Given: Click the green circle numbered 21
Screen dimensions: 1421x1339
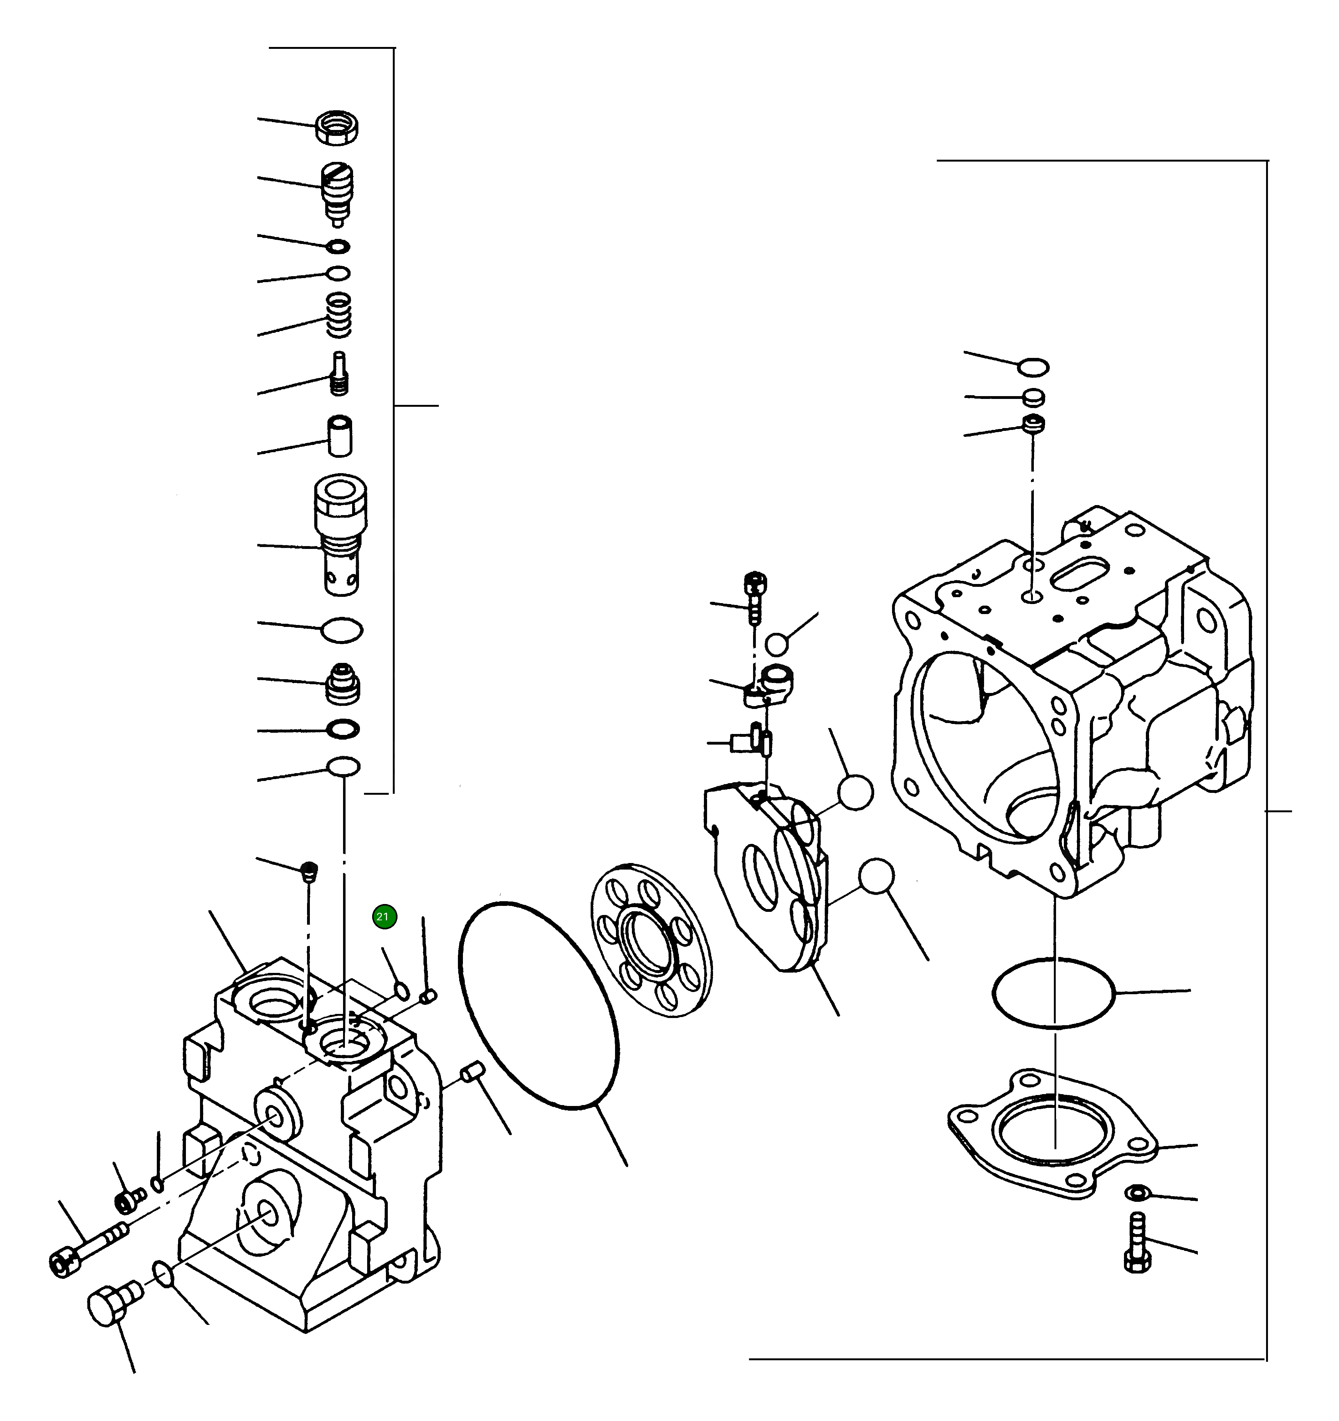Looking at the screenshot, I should click(x=384, y=917).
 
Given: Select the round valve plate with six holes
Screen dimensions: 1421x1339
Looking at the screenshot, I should click(x=652, y=940).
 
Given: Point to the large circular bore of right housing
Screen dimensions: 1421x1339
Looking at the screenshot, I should click(x=990, y=743).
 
